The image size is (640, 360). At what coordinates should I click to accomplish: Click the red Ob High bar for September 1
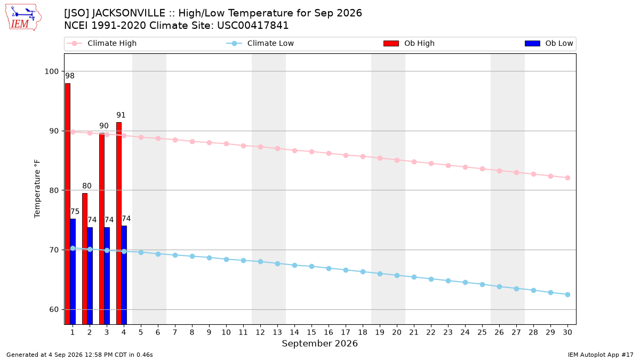[68, 204]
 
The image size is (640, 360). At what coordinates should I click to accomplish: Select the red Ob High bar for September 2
[85, 259]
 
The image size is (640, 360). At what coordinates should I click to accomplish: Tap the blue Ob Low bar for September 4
[124, 275]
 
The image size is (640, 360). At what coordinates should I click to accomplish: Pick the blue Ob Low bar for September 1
[73, 271]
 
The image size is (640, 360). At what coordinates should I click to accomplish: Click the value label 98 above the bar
[70, 76]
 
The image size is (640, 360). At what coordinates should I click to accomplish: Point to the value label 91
[121, 115]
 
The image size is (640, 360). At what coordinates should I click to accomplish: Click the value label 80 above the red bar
[87, 186]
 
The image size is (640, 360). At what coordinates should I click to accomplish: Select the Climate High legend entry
[102, 43]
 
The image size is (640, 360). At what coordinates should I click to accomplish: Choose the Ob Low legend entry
[549, 43]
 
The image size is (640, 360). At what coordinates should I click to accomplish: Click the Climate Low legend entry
[260, 43]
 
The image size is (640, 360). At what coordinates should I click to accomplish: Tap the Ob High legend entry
[409, 43]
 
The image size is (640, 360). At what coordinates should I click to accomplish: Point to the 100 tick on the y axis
[51, 71]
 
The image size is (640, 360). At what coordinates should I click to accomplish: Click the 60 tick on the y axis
[54, 309]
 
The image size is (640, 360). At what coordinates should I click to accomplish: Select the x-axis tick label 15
[311, 332]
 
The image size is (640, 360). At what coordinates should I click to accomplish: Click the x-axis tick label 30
[567, 332]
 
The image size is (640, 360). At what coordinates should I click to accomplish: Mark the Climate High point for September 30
[567, 178]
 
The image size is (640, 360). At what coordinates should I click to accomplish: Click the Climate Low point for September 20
[397, 275]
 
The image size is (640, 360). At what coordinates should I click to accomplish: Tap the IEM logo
[23, 18]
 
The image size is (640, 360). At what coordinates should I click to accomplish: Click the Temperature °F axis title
[37, 189]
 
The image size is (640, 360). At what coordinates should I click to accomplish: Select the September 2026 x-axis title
[319, 343]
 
